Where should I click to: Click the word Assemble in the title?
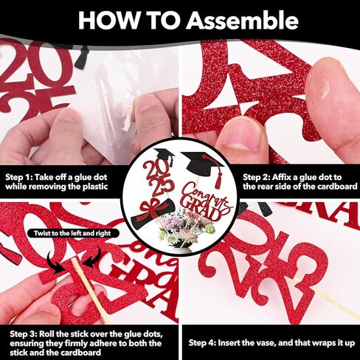click(242, 21)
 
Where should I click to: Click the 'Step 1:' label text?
click(18, 177)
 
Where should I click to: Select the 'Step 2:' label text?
click(256, 177)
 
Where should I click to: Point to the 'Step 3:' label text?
click(24, 334)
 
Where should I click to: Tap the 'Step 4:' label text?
click(202, 343)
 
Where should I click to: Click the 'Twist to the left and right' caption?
click(73, 233)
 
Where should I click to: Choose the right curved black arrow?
click(93, 257)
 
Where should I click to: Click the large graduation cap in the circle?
click(201, 165)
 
